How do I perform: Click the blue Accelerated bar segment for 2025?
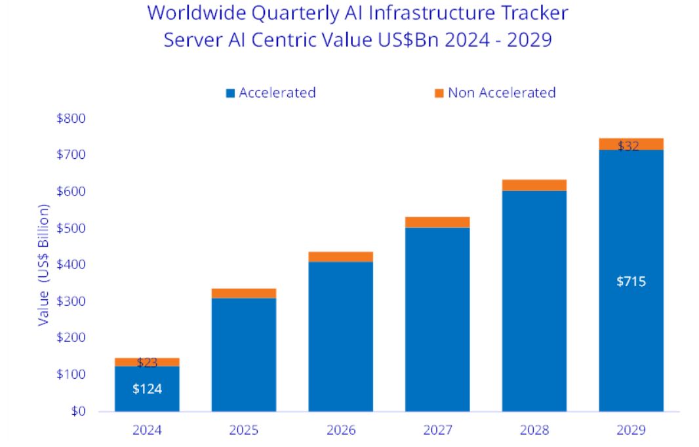[243, 354]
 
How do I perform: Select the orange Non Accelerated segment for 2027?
[437, 222]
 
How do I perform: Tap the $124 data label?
[147, 389]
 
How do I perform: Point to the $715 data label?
[631, 282]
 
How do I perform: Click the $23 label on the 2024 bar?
[147, 362]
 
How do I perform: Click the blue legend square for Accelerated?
[230, 93]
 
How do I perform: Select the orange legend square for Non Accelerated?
[439, 93]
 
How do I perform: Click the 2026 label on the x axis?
[340, 431]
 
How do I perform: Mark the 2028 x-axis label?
[534, 431]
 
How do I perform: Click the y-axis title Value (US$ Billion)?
[44, 265]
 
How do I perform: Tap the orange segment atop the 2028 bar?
[534, 185]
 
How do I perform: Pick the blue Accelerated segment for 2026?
[340, 336]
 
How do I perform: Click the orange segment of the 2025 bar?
[243, 293]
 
